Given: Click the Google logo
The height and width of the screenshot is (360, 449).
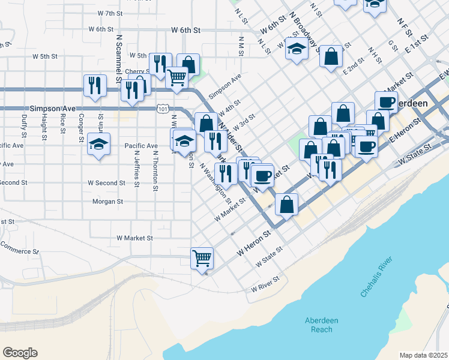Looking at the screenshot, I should point(20,353).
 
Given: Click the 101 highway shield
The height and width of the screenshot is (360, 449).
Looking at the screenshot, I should point(162,109).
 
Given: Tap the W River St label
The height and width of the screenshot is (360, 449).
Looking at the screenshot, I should point(265,284).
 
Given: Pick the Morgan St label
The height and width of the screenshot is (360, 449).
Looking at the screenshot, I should point(107,202).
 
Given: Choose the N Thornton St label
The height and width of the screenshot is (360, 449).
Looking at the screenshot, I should point(155,170).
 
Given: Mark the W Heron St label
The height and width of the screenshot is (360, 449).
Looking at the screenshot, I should point(251,247).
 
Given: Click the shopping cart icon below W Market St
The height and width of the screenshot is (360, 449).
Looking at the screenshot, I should point(202,258).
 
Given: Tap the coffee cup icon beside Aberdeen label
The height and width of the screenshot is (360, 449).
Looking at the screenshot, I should point(386,102).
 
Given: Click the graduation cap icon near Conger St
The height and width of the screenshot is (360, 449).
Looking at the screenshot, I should point(98,144).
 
